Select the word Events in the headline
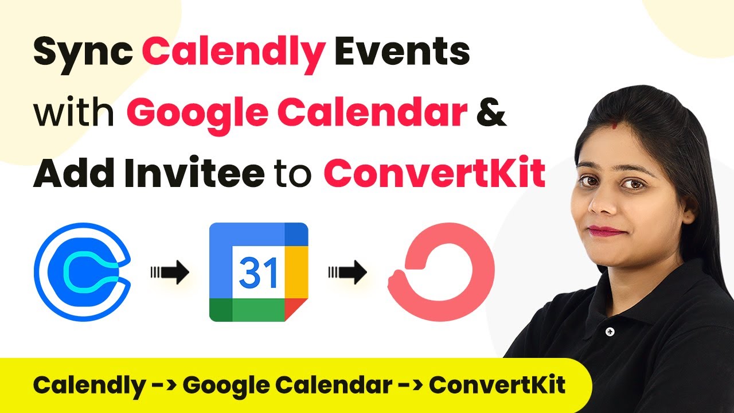coord(402,51)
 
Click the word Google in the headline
coord(198,113)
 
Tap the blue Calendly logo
coord(83,272)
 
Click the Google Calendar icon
coord(259,272)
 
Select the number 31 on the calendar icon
coord(259,272)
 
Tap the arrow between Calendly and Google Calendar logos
coord(170,272)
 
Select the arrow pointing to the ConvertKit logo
coord(348,272)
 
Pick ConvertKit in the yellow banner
coord(497,384)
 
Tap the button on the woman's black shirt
coord(610,332)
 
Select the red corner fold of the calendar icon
coord(295,309)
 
